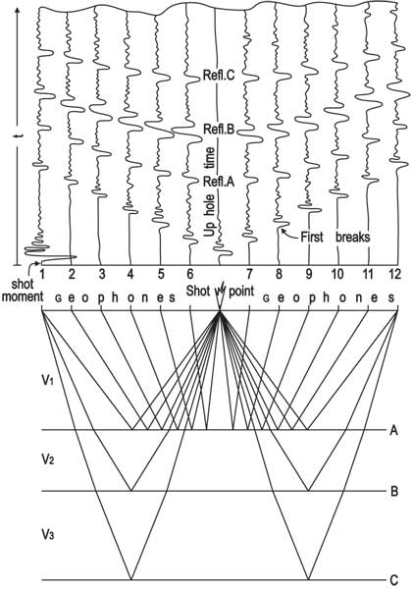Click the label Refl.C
pos(219,76)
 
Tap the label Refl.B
pos(219,130)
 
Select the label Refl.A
pos(219,182)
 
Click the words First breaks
pos(335,237)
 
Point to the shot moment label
pos(23,291)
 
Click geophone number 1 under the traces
pos(42,274)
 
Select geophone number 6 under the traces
pos(190,274)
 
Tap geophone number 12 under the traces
pos(394,274)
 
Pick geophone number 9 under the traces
pos(308,274)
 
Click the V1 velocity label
pos(48,380)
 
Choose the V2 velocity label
pos(48,458)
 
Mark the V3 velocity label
pos(48,534)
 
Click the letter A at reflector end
pos(393,430)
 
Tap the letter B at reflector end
pos(394,491)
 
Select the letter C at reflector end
pos(394,579)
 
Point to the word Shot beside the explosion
pos(198,291)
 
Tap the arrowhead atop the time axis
pos(18,10)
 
